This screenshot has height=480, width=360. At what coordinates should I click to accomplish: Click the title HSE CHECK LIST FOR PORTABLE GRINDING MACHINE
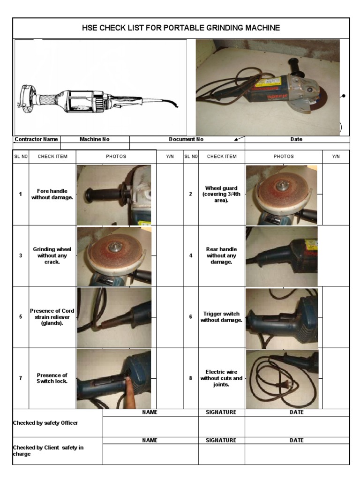click(180, 28)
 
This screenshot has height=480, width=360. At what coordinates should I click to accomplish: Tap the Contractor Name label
click(37, 139)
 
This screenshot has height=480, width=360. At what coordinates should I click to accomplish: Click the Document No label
click(186, 139)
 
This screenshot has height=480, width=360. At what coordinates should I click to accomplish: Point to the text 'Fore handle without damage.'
click(52, 195)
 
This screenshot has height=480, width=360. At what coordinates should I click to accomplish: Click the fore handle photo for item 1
click(114, 194)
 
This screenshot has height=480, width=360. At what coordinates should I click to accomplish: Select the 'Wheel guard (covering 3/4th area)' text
click(221, 194)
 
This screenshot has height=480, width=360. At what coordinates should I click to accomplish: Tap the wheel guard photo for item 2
click(281, 194)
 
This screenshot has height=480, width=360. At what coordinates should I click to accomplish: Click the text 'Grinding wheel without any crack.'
click(52, 255)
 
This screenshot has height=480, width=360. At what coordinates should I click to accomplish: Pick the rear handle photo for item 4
click(281, 256)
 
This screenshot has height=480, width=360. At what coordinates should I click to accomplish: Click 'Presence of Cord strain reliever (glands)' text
click(52, 317)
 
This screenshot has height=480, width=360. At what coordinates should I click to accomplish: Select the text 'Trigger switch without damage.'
click(221, 317)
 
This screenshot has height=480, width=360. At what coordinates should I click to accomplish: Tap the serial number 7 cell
click(20, 378)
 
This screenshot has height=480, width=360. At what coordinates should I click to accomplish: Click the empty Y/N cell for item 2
click(336, 194)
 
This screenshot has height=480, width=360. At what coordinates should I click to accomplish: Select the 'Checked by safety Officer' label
click(45, 423)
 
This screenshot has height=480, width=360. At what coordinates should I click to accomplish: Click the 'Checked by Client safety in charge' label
click(48, 450)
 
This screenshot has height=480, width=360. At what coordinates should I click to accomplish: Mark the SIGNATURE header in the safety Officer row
click(221, 412)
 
